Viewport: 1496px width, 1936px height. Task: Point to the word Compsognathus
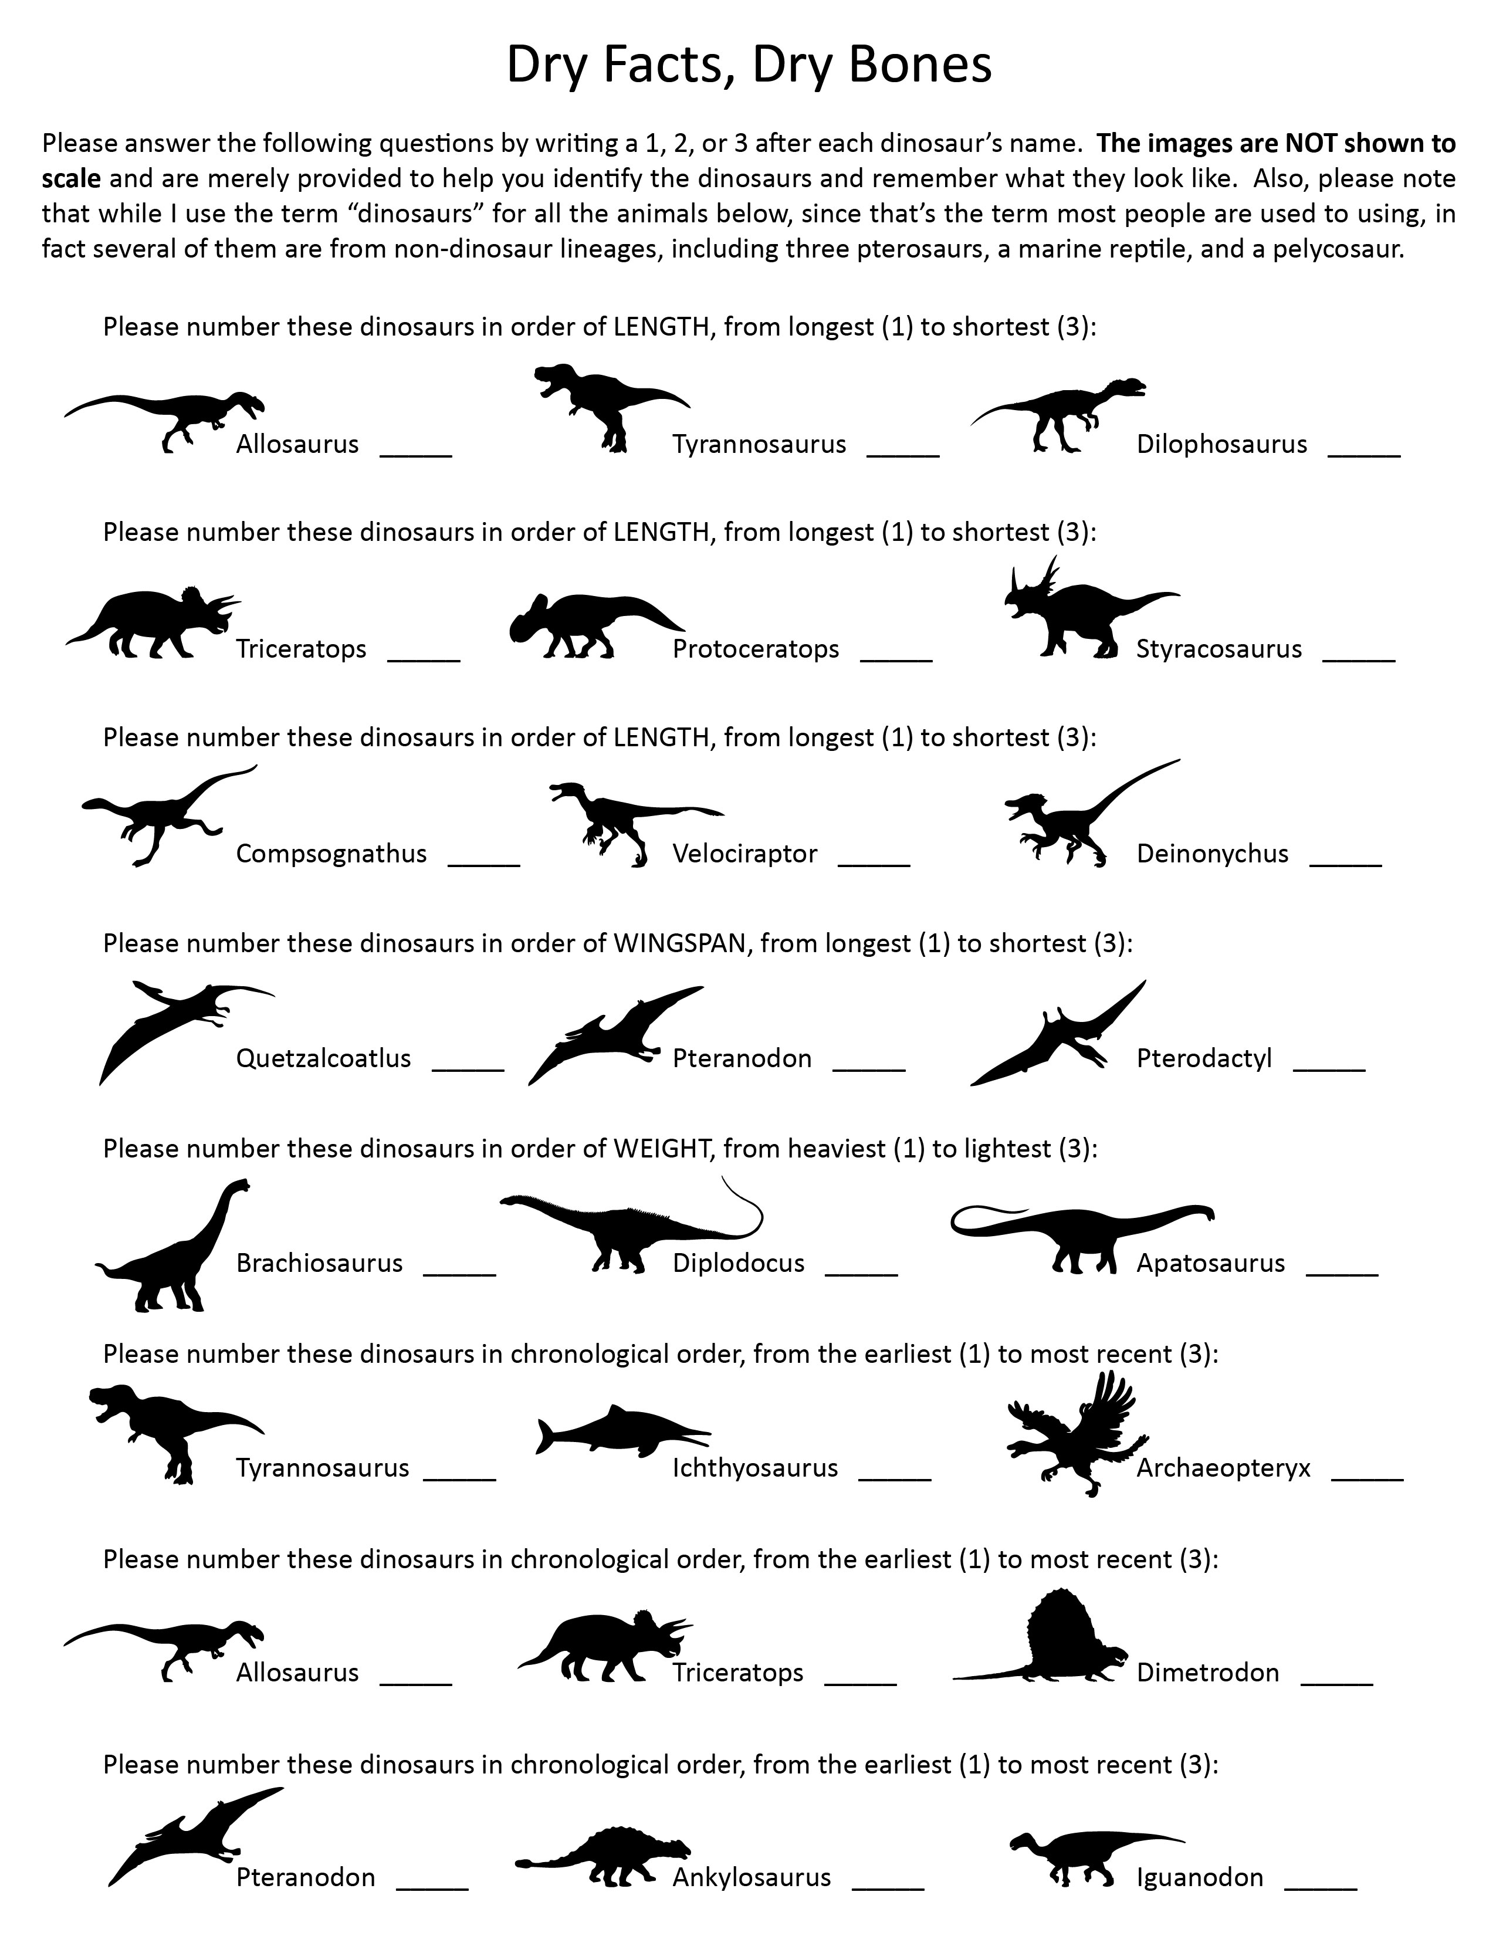click(330, 854)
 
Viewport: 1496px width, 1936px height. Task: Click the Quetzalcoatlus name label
click(323, 1058)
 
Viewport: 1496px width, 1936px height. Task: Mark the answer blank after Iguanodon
click(1321, 1887)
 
